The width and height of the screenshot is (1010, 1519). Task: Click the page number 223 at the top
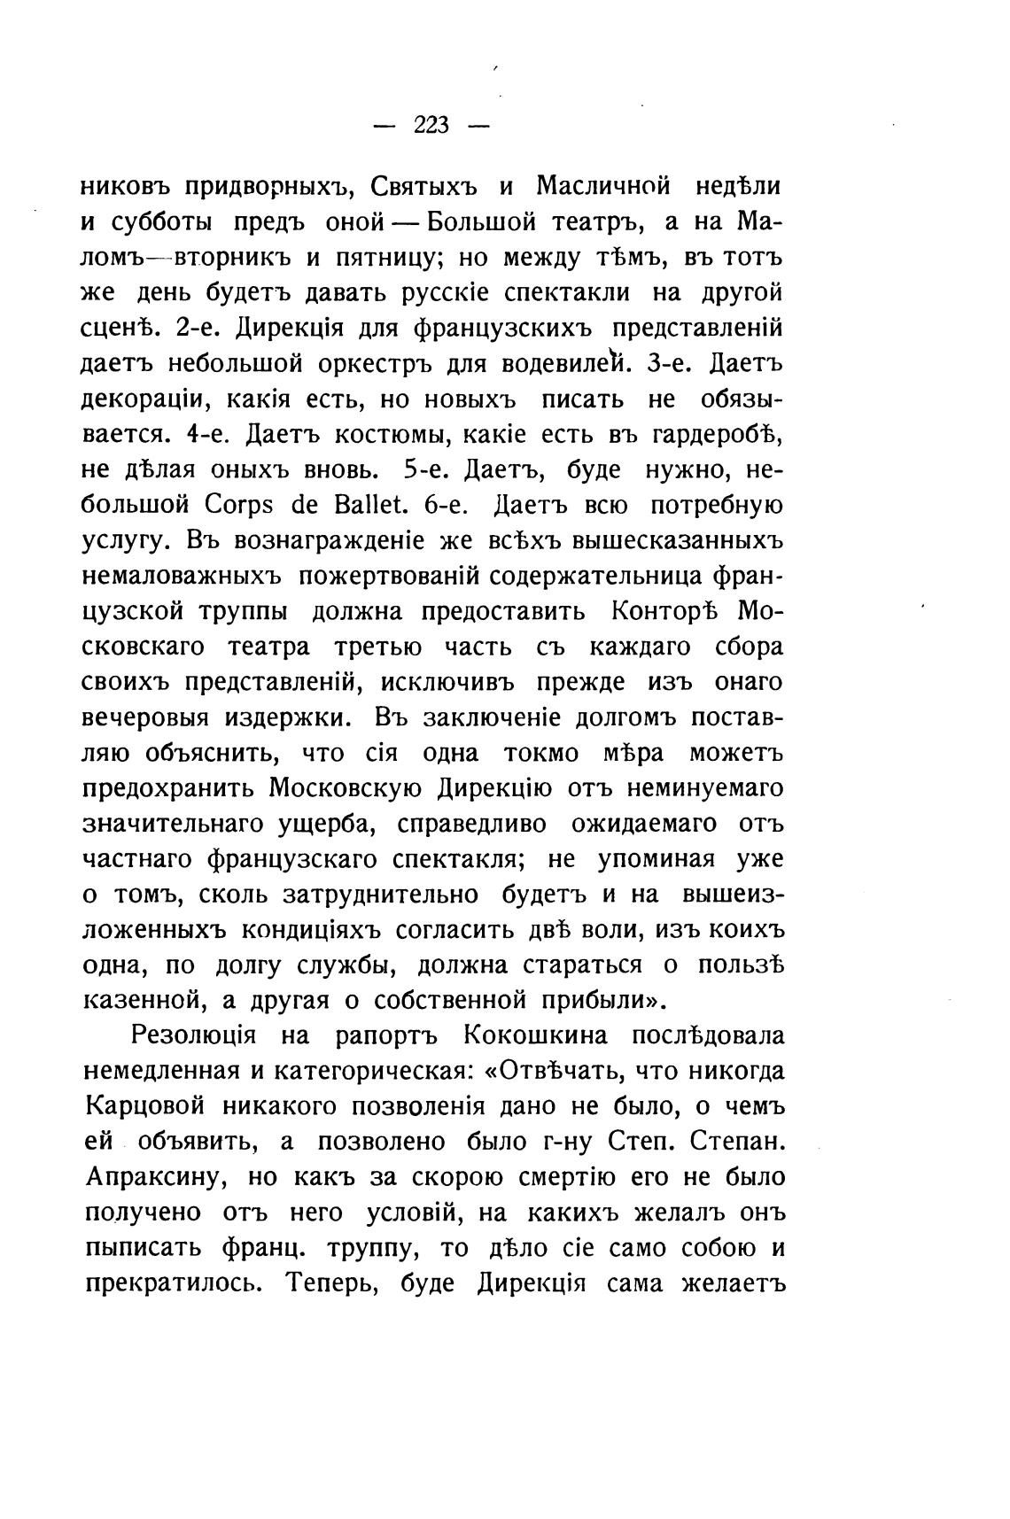tap(431, 126)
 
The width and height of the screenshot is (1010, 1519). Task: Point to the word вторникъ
tap(233, 258)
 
